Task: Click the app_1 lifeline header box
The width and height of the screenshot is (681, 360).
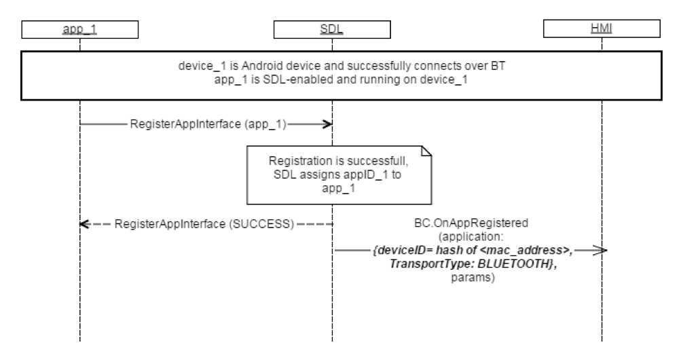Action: [x=79, y=29]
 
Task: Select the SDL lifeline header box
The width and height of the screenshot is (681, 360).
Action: [x=332, y=29]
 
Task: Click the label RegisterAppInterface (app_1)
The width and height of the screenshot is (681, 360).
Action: [x=208, y=124]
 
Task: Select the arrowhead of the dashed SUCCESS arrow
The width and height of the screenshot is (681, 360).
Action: [x=85, y=223]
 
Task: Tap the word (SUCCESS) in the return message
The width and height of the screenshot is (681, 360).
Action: [x=260, y=223]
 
